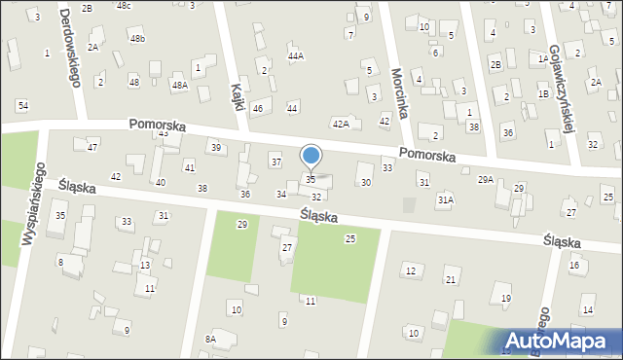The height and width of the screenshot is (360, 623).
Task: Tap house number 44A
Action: click(296, 56)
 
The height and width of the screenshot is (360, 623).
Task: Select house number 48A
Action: click(180, 86)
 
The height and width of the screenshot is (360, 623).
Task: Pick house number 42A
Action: click(340, 124)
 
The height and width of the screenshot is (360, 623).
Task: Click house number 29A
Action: click(485, 180)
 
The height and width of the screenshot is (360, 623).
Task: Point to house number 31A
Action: click(445, 199)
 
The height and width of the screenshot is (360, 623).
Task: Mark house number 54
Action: click(22, 105)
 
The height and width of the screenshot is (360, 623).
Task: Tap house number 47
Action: click(92, 147)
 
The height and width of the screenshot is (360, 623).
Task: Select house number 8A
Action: click(210, 339)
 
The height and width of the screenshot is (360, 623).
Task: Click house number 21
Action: click(451, 280)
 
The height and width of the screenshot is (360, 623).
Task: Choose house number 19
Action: click(506, 298)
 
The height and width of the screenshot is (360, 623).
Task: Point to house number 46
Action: click(258, 108)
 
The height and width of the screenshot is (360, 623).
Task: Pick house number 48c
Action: click(124, 6)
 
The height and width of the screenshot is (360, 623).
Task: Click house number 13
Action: click(145, 266)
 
